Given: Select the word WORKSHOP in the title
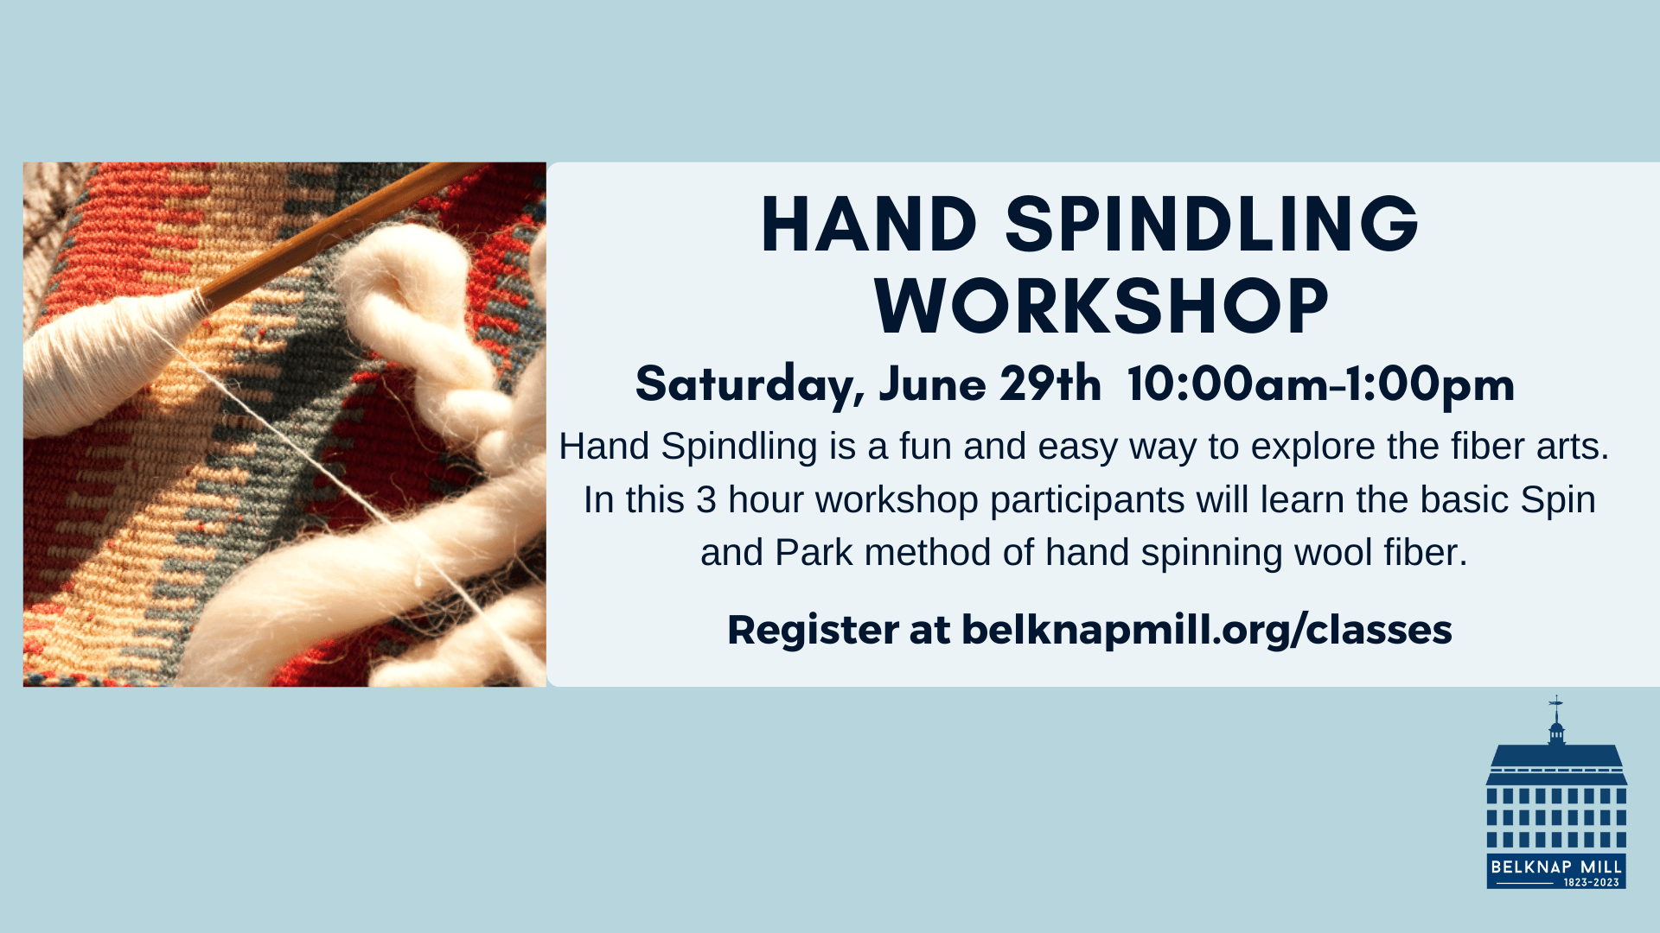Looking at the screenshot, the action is pyautogui.click(x=1101, y=306).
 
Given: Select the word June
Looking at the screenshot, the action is pyautogui.click(x=932, y=384).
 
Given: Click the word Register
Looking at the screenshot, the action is pyautogui.click(x=813, y=631).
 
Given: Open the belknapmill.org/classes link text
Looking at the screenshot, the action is pyautogui.click(x=1207, y=630).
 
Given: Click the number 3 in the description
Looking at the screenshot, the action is pyautogui.click(x=706, y=500).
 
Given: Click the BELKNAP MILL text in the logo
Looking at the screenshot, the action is pyautogui.click(x=1556, y=866).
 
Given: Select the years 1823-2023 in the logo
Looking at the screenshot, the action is pyautogui.click(x=1592, y=882).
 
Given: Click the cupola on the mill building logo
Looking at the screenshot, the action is pyautogui.click(x=1556, y=733).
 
